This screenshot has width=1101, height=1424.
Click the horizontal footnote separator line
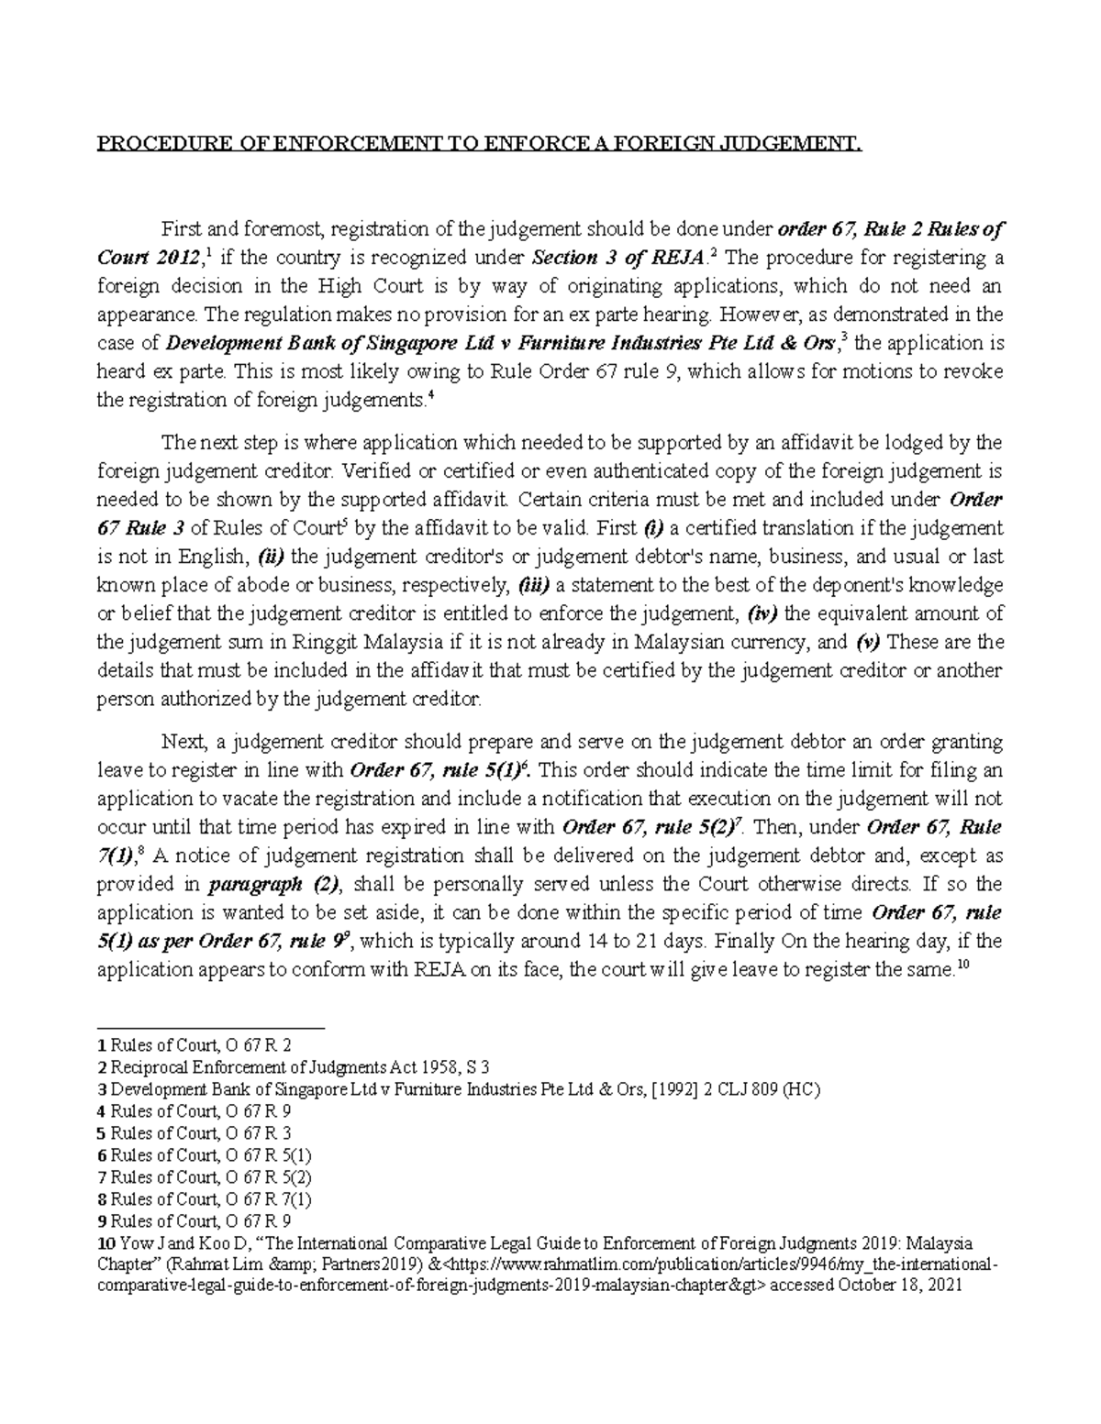(x=211, y=1029)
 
